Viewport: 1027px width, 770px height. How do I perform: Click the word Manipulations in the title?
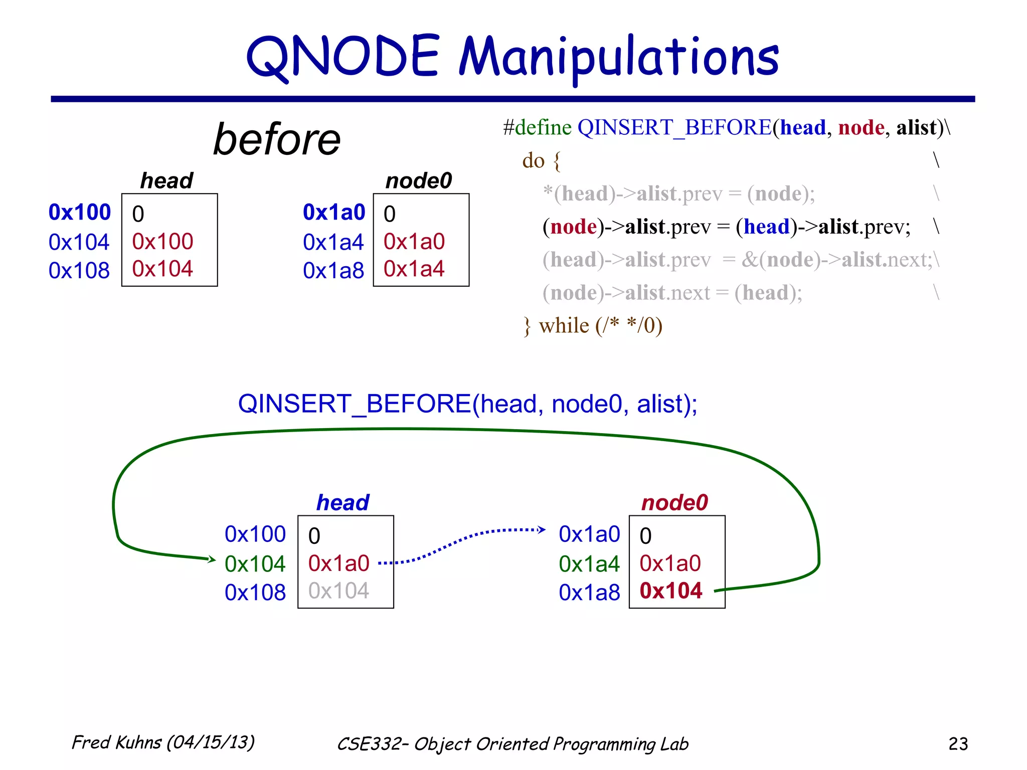[x=619, y=58]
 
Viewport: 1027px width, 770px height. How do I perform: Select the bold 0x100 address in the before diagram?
[x=80, y=212]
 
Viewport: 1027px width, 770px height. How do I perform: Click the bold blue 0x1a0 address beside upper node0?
[x=334, y=212]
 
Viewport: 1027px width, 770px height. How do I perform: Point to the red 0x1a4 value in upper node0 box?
[x=414, y=269]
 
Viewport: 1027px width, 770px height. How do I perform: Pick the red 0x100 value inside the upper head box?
[x=162, y=242]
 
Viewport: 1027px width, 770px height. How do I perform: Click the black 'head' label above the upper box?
[x=166, y=180]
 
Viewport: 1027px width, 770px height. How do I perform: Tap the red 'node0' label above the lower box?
[x=674, y=502]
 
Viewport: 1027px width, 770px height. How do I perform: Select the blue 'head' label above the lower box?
[x=343, y=502]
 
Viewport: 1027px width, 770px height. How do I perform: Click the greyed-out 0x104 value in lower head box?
[x=338, y=591]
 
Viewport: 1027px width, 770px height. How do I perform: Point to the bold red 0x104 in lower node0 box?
[x=670, y=591]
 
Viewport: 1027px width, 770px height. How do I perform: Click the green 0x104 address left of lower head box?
[x=255, y=564]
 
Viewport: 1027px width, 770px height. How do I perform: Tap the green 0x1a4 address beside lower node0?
[x=589, y=564]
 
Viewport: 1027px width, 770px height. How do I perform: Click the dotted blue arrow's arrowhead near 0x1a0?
[x=542, y=529]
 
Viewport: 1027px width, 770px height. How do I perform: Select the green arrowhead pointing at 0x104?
[x=212, y=559]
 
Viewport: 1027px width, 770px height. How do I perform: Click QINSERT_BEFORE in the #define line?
[x=674, y=127]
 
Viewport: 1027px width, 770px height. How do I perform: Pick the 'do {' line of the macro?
[x=541, y=160]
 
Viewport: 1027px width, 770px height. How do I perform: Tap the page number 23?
[x=958, y=743]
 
